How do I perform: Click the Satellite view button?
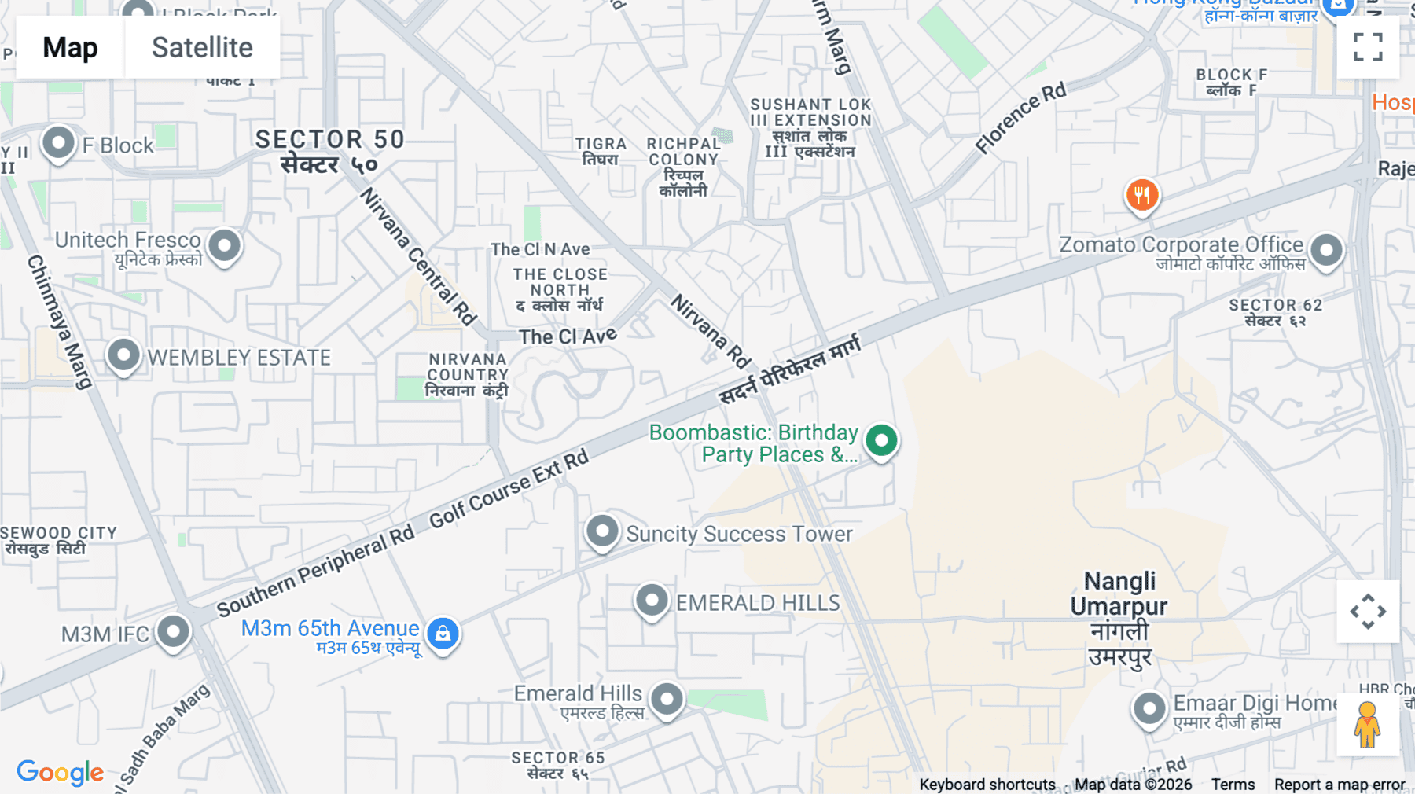[202, 47]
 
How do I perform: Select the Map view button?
[70, 47]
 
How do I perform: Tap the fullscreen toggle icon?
[1368, 47]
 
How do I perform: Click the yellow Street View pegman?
[1367, 724]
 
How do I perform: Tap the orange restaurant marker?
[1142, 195]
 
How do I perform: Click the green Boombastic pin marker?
[881, 440]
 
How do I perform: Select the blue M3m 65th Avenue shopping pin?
[443, 633]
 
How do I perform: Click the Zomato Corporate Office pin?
[1326, 251]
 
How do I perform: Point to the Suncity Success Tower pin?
[602, 531]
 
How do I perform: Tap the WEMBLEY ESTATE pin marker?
[123, 355]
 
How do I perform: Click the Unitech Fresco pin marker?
[224, 245]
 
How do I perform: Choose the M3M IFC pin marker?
[173, 631]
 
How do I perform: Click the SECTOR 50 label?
[329, 140]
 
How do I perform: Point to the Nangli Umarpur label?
[1119, 594]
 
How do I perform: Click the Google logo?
[60, 772]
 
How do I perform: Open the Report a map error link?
[1340, 785]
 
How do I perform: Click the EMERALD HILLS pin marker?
[651, 601]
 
